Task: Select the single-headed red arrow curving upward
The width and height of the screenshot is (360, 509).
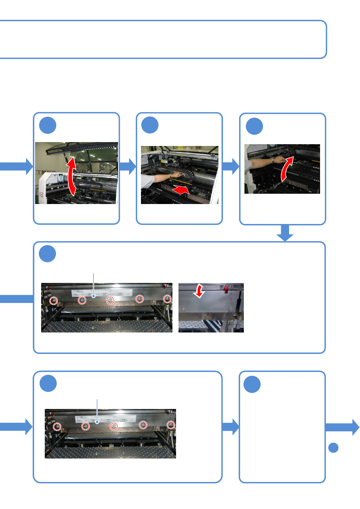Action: [x=287, y=168]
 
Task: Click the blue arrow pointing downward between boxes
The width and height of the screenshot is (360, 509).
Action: [x=285, y=233]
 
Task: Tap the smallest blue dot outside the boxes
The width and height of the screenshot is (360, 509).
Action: [x=333, y=448]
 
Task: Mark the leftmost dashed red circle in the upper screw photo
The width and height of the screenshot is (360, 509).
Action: [x=54, y=301]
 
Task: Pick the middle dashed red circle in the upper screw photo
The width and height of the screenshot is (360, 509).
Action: [x=110, y=300]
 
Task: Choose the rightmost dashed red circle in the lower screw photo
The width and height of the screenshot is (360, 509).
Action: [x=171, y=425]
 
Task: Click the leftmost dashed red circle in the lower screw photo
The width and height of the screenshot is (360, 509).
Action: [x=57, y=427]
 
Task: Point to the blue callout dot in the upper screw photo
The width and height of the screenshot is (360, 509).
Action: [x=94, y=296]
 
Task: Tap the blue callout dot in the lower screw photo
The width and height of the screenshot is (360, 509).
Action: [x=97, y=422]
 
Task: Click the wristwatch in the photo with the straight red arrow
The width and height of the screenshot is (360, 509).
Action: [x=170, y=175]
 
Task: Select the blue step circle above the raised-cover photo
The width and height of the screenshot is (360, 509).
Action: [x=48, y=125]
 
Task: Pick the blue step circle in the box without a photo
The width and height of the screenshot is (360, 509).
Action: [x=252, y=384]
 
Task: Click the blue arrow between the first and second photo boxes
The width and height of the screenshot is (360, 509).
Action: [x=128, y=166]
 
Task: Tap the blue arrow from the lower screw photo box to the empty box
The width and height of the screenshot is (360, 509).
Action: [x=231, y=427]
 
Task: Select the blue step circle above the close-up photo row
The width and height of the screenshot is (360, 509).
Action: [x=47, y=254]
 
